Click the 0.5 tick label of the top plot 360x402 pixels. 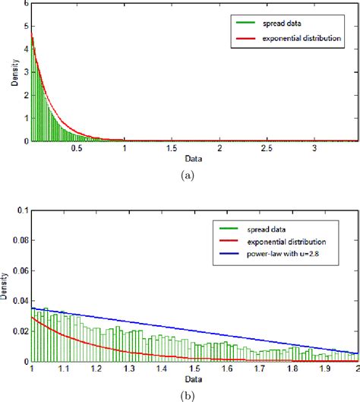(x=77, y=149)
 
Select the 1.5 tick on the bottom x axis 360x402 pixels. (x=194, y=369)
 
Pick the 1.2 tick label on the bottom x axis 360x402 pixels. (x=96, y=369)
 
